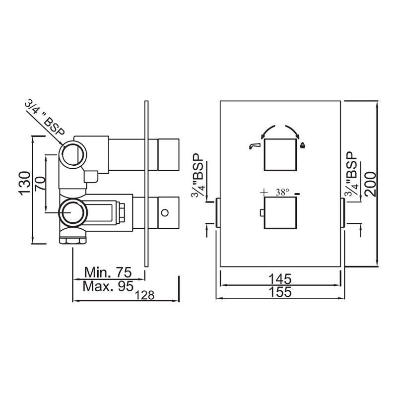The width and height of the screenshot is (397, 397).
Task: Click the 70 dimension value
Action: (41, 184)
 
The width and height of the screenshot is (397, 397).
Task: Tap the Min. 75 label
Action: (108, 272)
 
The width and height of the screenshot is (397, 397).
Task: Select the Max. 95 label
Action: (108, 286)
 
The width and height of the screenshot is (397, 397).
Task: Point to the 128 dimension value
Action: (144, 295)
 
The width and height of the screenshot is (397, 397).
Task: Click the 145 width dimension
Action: (280, 279)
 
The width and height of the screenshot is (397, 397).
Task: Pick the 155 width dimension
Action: (280, 292)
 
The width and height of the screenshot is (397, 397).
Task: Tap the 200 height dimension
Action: (370, 184)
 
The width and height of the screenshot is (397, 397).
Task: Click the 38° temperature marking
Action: (282, 193)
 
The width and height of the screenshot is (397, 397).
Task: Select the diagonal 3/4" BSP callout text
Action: (45, 118)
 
